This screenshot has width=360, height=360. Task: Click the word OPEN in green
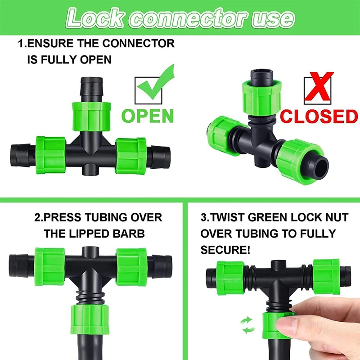click(x=148, y=115)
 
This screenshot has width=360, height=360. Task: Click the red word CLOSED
click(x=319, y=116)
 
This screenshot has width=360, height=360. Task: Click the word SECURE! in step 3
click(x=225, y=249)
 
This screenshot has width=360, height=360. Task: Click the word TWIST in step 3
click(x=229, y=218)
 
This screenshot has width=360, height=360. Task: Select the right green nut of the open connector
click(x=131, y=151)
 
